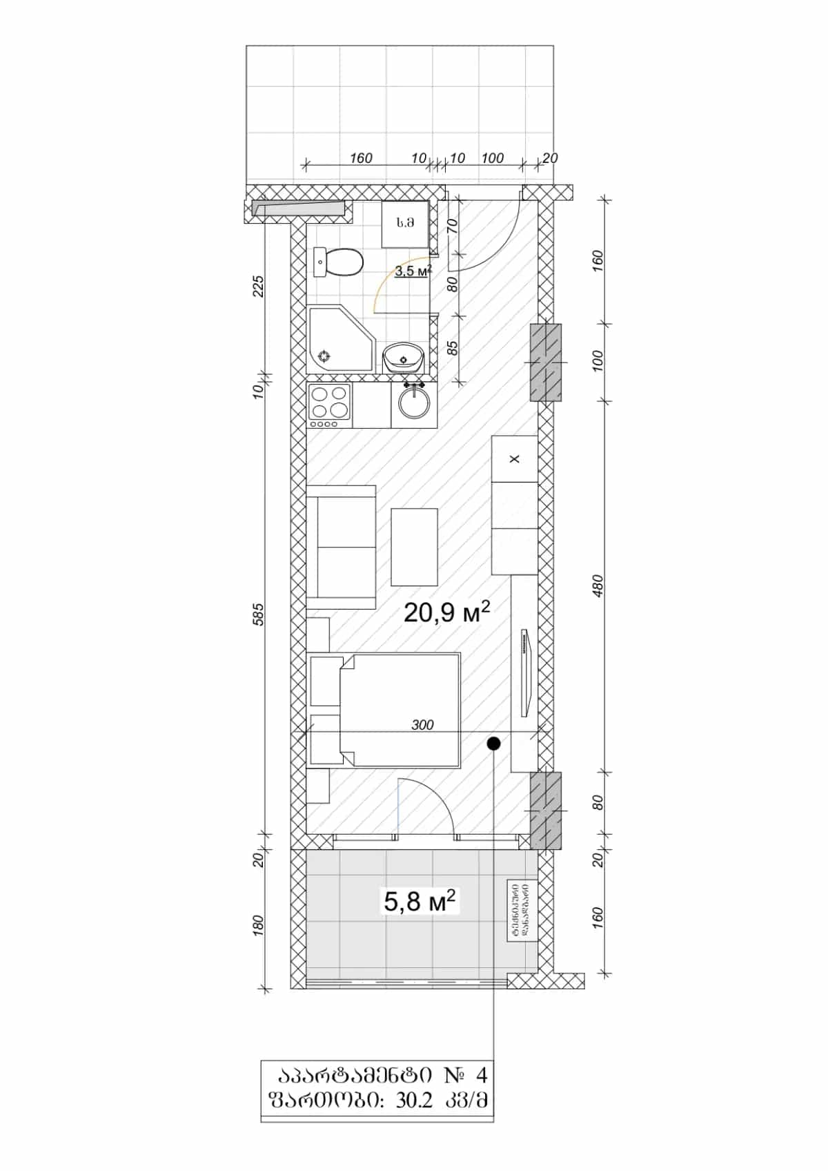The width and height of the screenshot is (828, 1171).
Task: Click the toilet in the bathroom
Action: coord(339,262)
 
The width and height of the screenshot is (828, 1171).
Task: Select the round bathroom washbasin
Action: coord(404,358)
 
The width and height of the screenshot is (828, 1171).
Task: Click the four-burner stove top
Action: coord(329,404)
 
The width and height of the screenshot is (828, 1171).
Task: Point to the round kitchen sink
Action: coord(414,403)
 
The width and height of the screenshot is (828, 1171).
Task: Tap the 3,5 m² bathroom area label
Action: coord(413,271)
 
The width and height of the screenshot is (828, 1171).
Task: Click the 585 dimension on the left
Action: coord(259,614)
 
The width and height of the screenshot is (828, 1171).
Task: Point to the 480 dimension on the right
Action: coord(598,585)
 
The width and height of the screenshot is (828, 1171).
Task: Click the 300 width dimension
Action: coord(422,725)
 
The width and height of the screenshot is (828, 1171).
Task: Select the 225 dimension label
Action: coord(259,286)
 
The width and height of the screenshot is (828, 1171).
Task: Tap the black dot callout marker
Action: coord(493,744)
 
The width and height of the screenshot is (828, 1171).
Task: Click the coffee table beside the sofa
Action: coord(414,547)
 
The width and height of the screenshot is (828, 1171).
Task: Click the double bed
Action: coord(400,711)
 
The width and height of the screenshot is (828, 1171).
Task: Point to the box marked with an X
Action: coord(514,459)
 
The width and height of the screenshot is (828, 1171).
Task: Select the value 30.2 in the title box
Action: coord(414,1101)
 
